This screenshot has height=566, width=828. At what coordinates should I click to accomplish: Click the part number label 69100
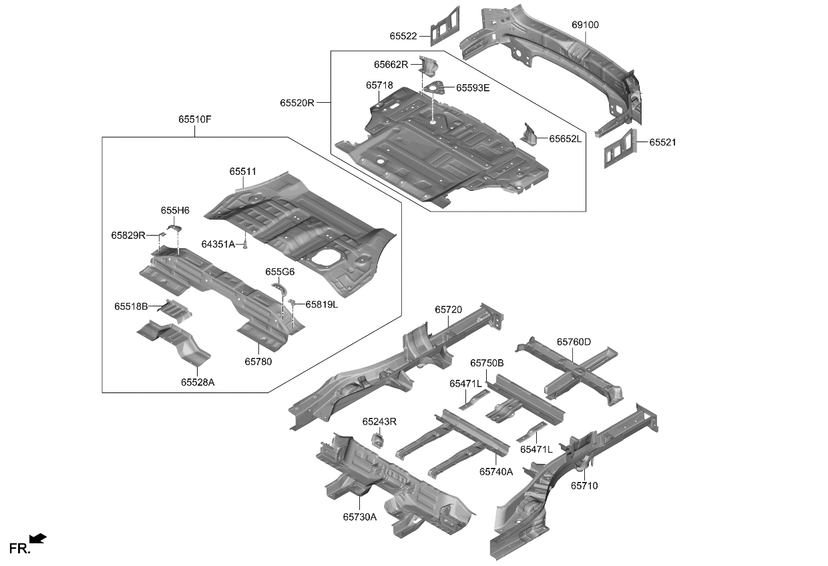pyautogui.click(x=585, y=25)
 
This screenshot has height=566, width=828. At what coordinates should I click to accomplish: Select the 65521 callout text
pyautogui.click(x=662, y=142)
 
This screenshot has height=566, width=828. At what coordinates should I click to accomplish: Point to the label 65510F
pyautogui.click(x=194, y=119)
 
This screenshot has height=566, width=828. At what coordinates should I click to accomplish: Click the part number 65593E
pyautogui.click(x=473, y=87)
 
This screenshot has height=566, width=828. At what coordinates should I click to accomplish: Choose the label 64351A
pyautogui.click(x=218, y=245)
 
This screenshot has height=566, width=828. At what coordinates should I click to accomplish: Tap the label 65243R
pyautogui.click(x=379, y=422)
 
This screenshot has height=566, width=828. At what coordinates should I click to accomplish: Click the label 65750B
pyautogui.click(x=487, y=363)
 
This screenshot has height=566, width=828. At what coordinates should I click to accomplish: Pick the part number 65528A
pyautogui.click(x=198, y=382)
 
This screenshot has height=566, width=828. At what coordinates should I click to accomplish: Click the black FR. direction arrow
pyautogui.click(x=38, y=538)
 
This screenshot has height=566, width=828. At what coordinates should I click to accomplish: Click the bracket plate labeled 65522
pyautogui.click(x=445, y=25)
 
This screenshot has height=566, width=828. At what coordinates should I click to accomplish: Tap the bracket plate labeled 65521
pyautogui.click(x=621, y=148)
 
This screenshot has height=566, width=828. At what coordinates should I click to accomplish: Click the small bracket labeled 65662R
pyautogui.click(x=427, y=65)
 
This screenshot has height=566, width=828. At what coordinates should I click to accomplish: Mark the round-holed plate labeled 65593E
pyautogui.click(x=435, y=87)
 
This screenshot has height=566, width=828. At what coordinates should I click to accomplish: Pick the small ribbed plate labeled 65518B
pyautogui.click(x=175, y=309)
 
